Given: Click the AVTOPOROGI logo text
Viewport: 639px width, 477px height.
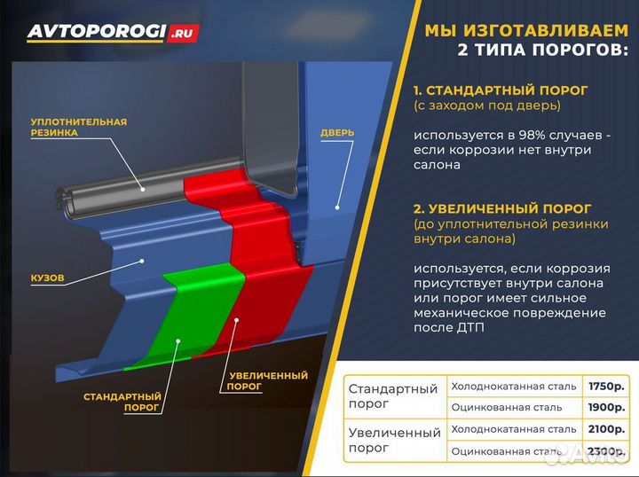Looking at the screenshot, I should click(x=96, y=32).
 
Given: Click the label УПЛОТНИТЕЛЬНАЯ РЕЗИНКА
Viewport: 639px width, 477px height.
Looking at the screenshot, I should click(x=78, y=127).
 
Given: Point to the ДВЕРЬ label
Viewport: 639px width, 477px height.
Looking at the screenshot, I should click(x=337, y=133).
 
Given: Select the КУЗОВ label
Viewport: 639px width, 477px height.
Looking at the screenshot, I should click(x=47, y=278).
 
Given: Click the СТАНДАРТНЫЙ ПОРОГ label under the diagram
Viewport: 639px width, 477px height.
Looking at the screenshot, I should click(x=122, y=402).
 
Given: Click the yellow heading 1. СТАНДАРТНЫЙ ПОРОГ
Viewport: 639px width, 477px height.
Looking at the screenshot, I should click(x=501, y=90).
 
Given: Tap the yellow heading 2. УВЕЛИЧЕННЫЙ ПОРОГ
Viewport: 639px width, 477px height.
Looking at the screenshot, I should click(x=503, y=209).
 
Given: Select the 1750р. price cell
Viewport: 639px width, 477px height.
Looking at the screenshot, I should click(x=606, y=386).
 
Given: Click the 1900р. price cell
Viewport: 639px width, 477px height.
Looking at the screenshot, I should click(x=606, y=407).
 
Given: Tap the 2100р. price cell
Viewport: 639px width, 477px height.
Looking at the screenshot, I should click(x=606, y=429).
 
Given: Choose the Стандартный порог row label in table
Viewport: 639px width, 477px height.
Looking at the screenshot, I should click(x=393, y=396).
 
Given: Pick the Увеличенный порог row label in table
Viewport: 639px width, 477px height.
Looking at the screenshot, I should click(x=393, y=440).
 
